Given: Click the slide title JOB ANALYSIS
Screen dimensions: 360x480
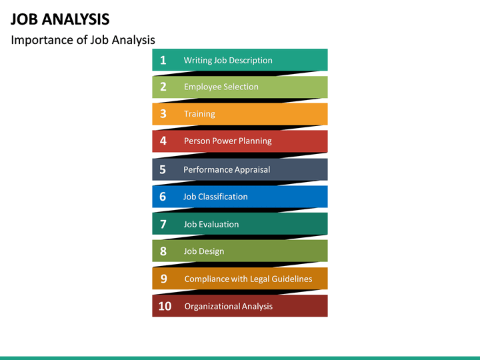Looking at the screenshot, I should [x=61, y=19].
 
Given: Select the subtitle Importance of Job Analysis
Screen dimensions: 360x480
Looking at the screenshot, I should [x=83, y=40].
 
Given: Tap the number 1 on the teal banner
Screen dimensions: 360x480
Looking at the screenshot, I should [x=163, y=60].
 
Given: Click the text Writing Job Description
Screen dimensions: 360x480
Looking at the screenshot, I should [x=228, y=60].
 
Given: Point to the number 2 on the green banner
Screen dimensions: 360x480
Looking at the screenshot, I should [x=163, y=87].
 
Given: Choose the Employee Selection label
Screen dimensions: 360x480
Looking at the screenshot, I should [x=221, y=87].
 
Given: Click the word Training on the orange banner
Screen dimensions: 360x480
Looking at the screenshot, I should [x=199, y=114].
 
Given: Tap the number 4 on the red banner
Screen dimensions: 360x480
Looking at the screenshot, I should [x=163, y=141].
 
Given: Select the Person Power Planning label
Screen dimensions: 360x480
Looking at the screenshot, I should [x=227, y=141].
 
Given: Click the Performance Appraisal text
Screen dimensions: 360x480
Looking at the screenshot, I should [x=227, y=169].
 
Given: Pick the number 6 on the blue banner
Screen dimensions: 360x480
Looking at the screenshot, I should [x=163, y=197].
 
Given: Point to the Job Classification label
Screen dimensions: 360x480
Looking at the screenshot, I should [x=215, y=197].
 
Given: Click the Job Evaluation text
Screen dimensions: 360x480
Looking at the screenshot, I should [x=211, y=224].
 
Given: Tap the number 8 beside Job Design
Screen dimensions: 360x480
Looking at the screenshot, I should [x=163, y=251].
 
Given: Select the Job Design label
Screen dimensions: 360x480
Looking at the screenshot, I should [x=203, y=251].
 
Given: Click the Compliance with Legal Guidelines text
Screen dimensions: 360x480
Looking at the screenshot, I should [x=248, y=279].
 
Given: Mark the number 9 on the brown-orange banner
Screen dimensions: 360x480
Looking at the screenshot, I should [x=163, y=279].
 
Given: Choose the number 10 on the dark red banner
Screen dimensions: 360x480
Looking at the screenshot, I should [x=165, y=306].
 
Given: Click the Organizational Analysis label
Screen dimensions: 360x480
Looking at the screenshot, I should [x=228, y=306].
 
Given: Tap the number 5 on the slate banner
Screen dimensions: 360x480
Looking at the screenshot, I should [x=163, y=169].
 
